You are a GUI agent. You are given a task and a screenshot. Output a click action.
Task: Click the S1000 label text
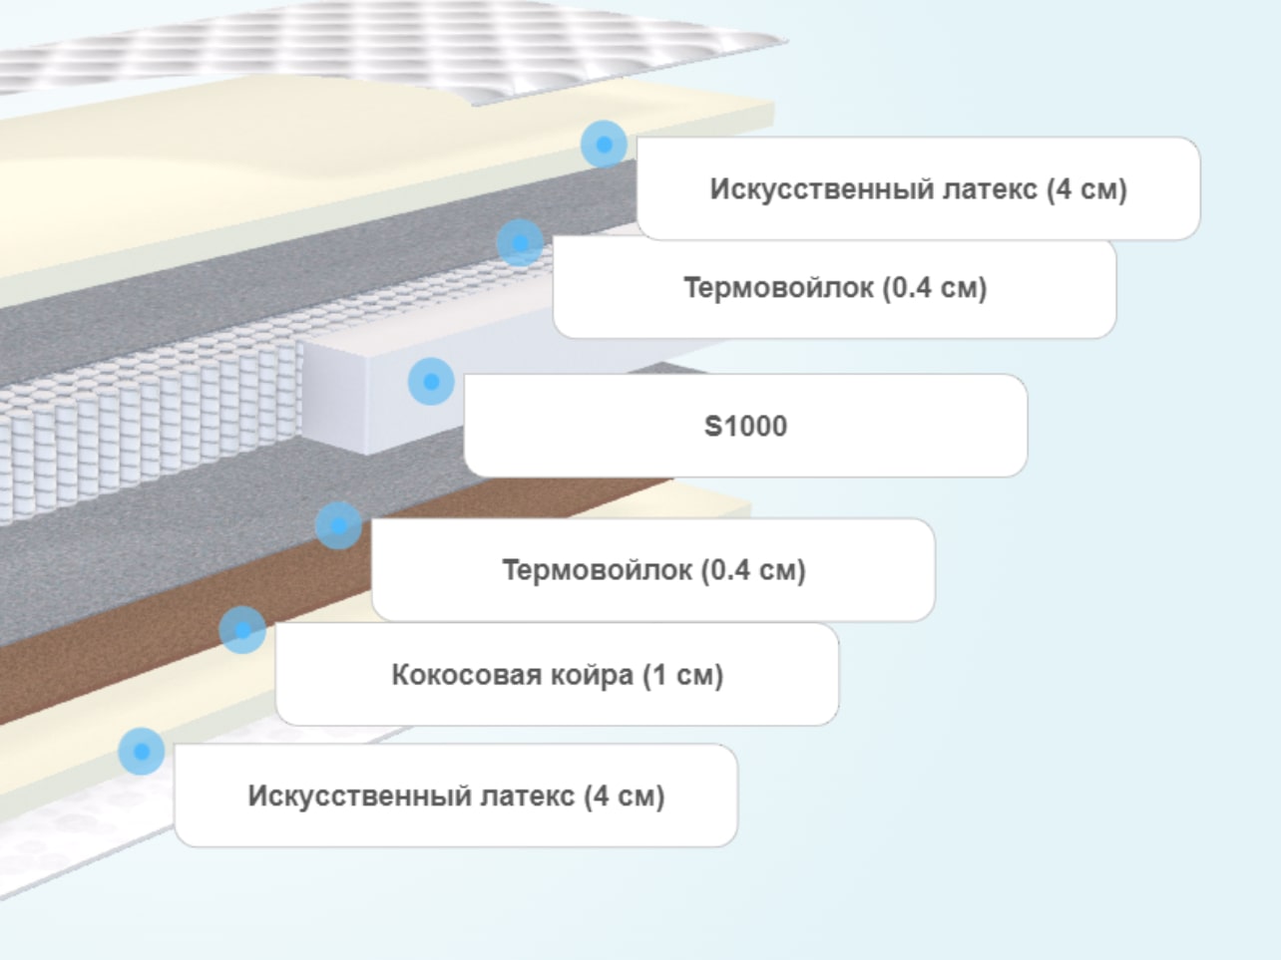click(x=745, y=426)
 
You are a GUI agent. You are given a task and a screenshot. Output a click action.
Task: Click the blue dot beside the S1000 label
click(x=431, y=381)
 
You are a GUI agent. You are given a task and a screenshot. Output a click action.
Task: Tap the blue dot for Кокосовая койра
click(x=242, y=629)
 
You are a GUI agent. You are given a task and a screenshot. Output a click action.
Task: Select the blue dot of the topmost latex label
click(x=604, y=144)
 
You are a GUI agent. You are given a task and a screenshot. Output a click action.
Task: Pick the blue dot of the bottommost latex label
click(x=142, y=752)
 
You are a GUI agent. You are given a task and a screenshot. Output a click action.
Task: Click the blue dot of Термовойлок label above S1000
click(x=520, y=243)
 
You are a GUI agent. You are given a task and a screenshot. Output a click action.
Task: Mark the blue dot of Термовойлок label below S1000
click(x=338, y=525)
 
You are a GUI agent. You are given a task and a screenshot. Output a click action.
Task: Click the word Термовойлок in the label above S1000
click(x=778, y=288)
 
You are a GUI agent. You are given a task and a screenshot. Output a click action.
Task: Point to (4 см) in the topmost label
click(x=1086, y=189)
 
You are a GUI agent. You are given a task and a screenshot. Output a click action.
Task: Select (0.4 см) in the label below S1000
click(x=753, y=570)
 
